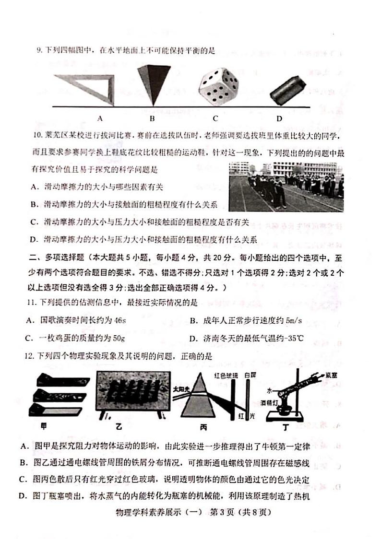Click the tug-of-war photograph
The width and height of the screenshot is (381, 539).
tap(286, 187)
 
